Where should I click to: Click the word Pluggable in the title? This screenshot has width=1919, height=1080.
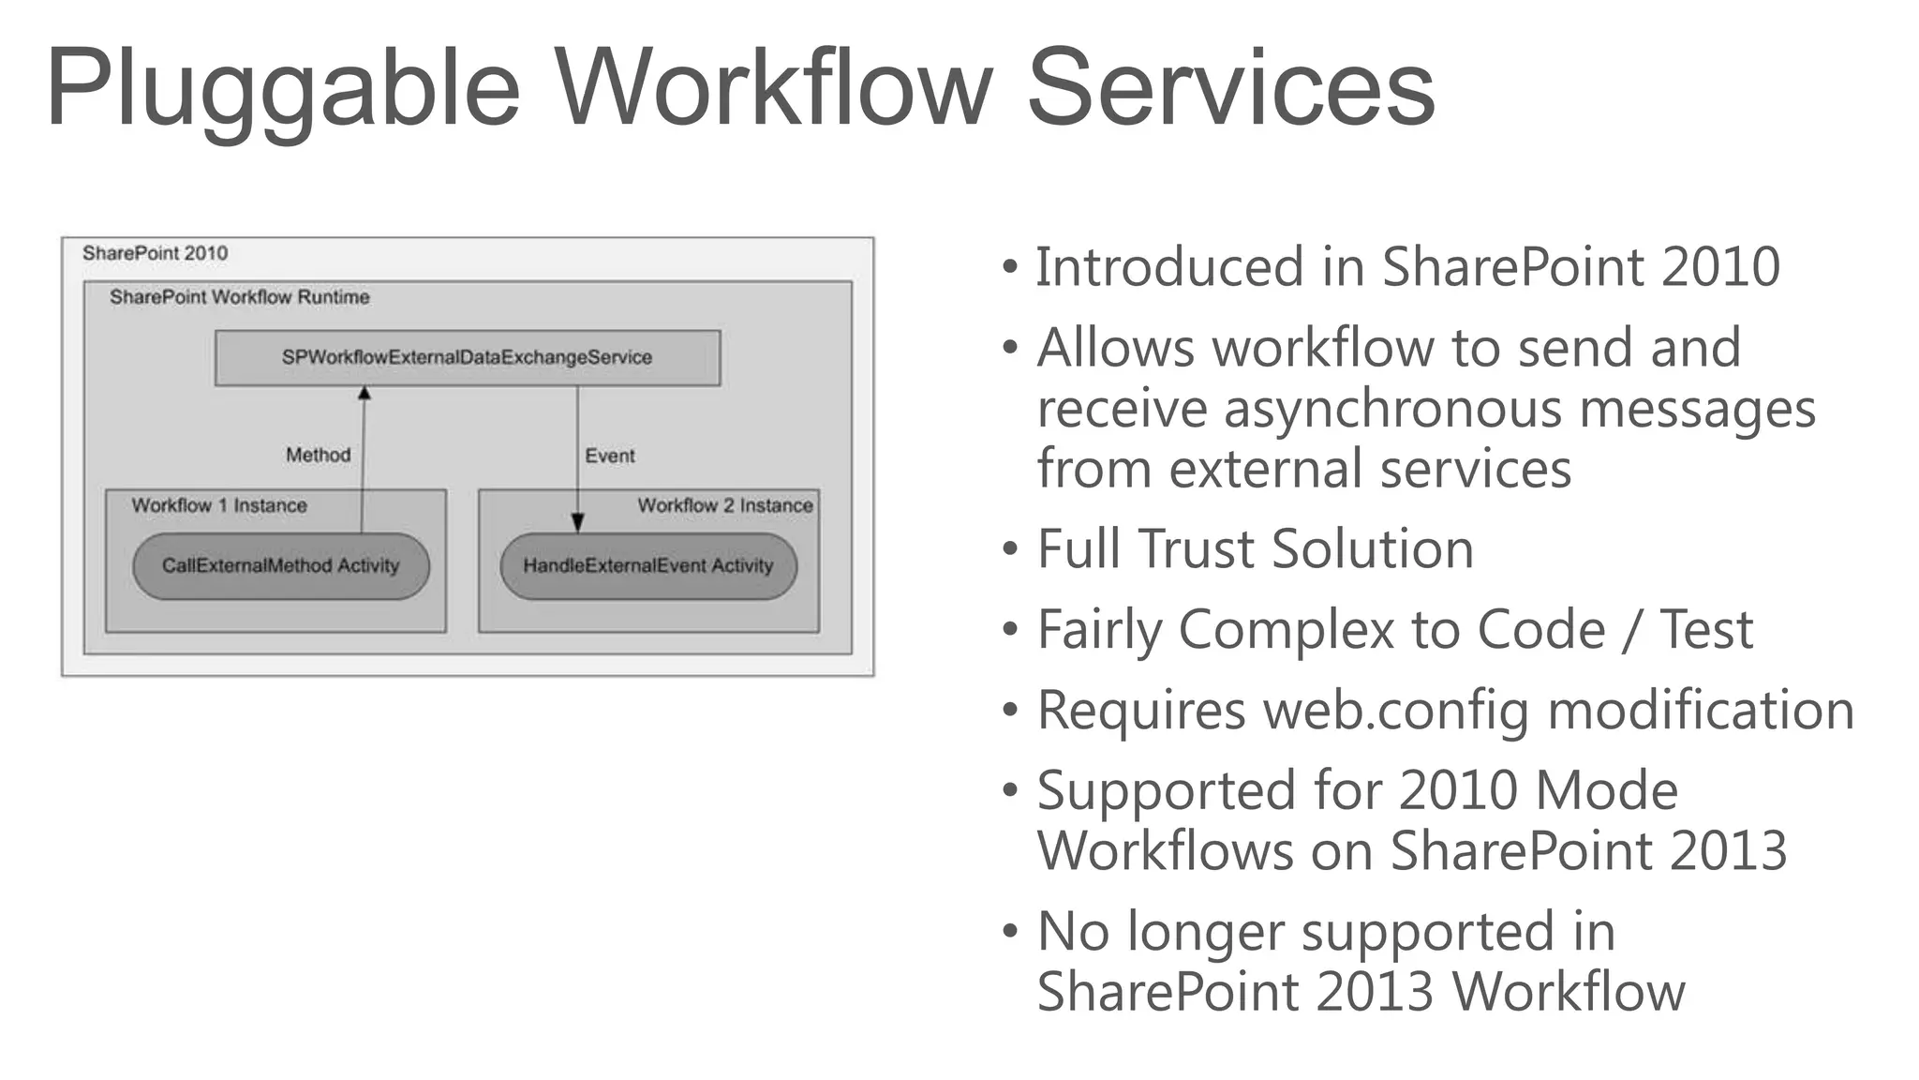point(282,90)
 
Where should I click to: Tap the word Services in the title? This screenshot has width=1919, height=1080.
point(1230,88)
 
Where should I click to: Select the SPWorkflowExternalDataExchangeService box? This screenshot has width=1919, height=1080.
point(467,357)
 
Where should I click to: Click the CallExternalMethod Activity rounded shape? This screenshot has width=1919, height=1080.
point(280,565)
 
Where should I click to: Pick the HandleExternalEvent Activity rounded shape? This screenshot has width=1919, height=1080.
point(647,565)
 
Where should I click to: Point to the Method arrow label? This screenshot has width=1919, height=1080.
point(318,455)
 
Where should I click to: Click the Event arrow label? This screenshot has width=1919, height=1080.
point(609,456)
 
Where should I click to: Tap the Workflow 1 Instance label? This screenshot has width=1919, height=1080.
point(218,505)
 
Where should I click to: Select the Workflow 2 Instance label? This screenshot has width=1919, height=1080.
point(724,505)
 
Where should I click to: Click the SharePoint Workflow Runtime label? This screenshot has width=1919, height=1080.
point(239,297)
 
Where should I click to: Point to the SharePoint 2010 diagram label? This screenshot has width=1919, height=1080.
point(155,253)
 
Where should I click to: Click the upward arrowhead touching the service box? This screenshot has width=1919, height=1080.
point(364,394)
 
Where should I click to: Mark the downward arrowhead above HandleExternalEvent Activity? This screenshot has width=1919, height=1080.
point(577,523)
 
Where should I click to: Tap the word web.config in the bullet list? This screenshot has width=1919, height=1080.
point(1396,710)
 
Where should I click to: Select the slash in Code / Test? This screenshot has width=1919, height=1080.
point(1632,629)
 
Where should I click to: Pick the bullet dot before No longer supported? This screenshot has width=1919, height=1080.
point(1009,932)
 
